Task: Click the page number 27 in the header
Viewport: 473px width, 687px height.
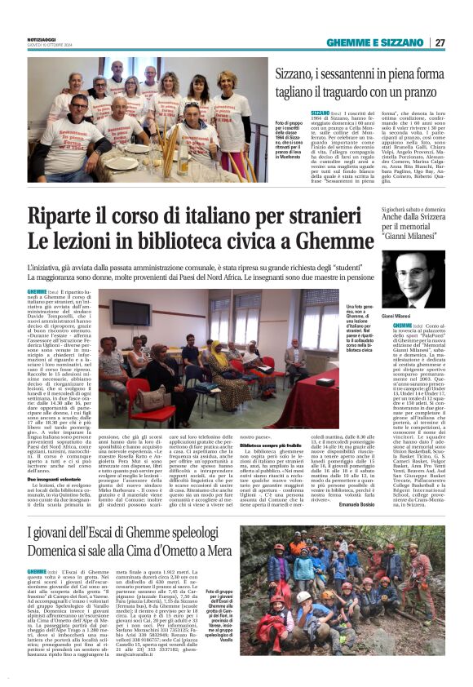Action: point(440,42)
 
